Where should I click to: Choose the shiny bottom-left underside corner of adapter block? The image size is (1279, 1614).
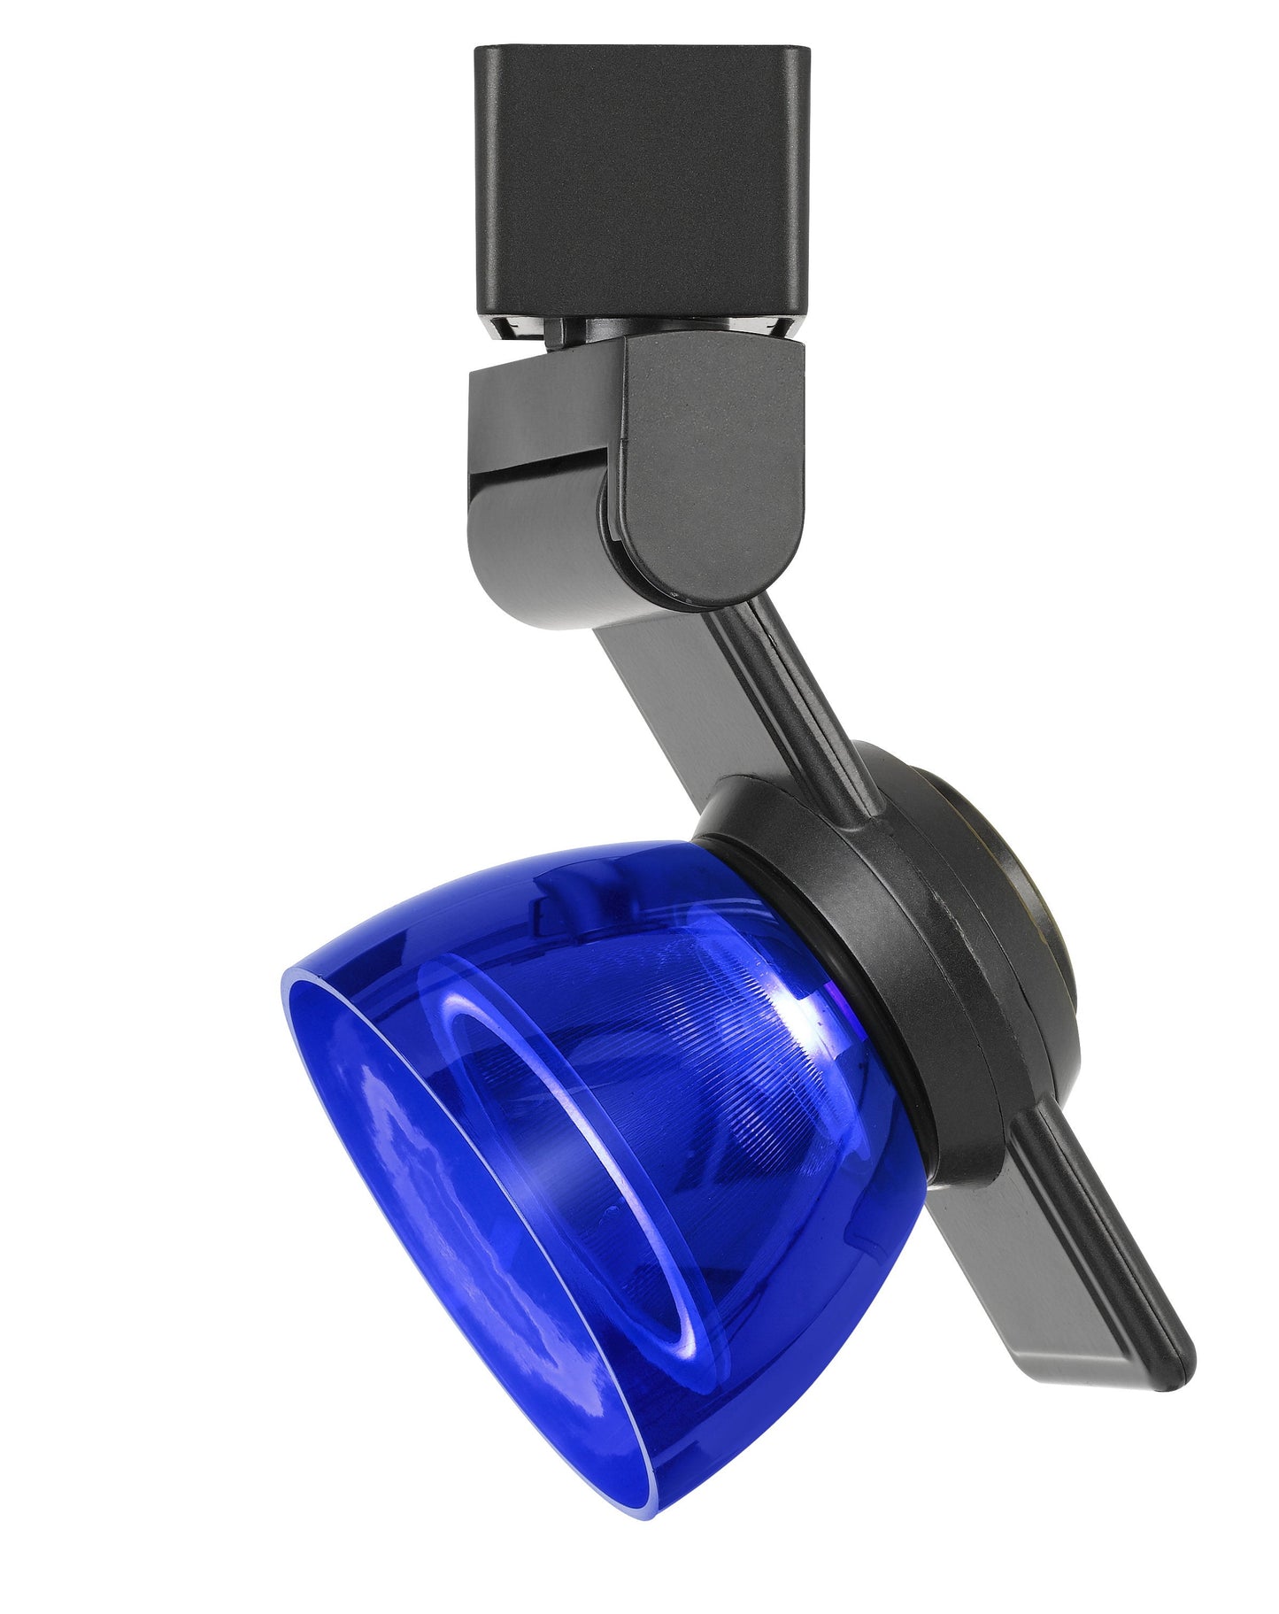[505, 328]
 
